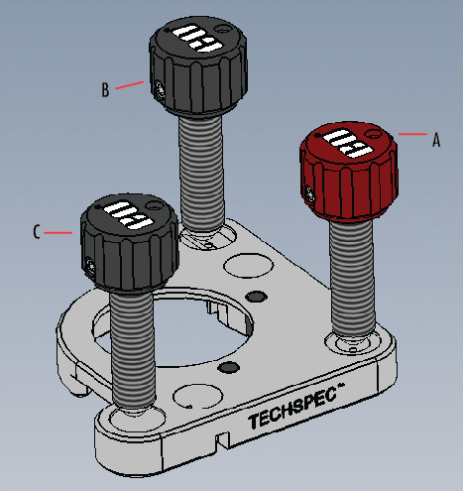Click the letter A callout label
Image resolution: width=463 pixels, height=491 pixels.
click(434, 142)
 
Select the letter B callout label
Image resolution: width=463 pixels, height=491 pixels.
click(105, 90)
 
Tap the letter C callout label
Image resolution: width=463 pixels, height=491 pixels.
click(37, 233)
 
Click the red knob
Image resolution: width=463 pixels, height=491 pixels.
click(348, 175)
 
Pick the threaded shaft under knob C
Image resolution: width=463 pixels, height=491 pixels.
click(136, 347)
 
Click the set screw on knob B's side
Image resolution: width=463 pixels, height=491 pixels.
click(160, 91)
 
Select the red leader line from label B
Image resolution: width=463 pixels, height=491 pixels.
click(131, 85)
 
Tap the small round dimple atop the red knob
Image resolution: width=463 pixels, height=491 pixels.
click(373, 130)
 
